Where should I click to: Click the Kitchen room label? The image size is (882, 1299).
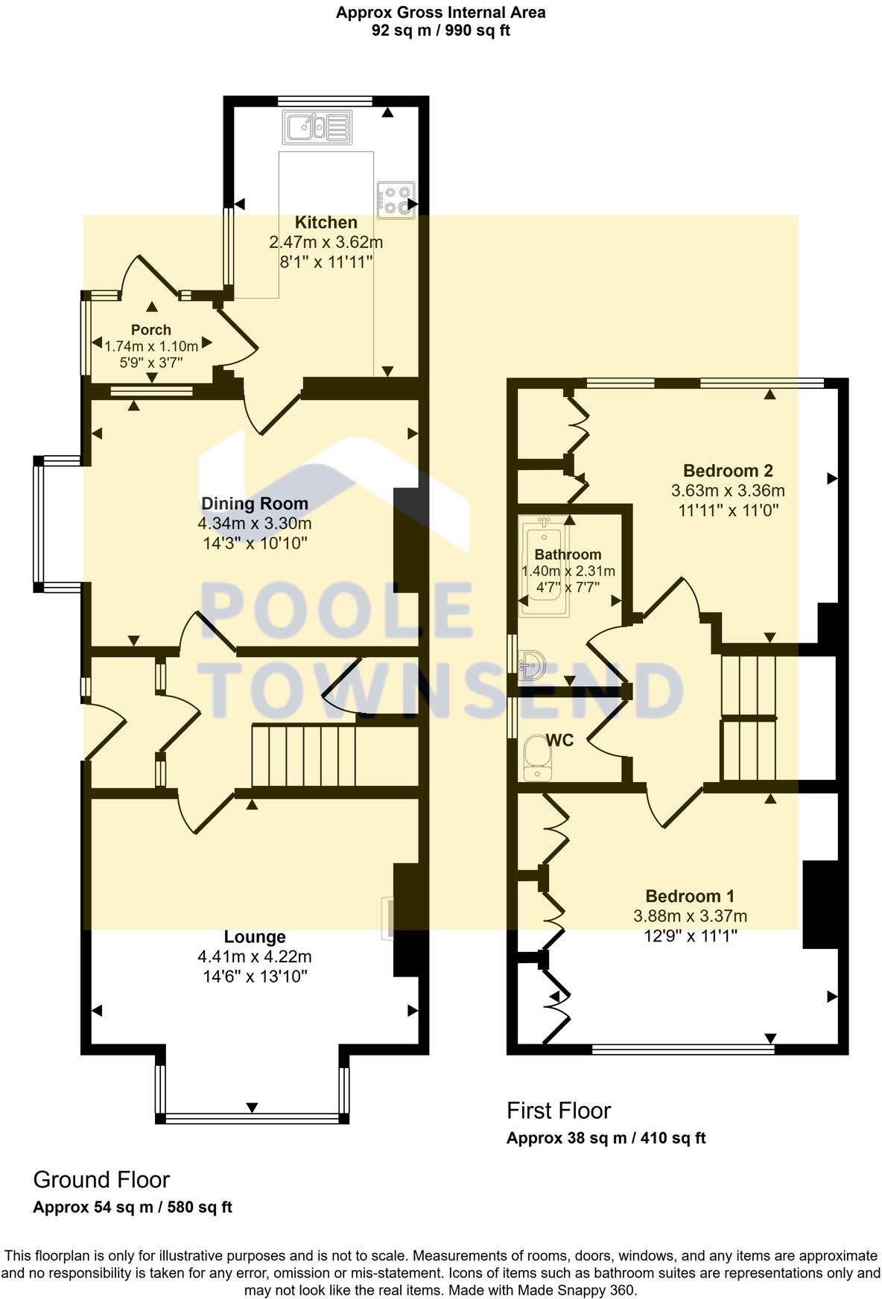tap(326, 222)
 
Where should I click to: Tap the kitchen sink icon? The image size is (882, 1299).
tap(316, 127)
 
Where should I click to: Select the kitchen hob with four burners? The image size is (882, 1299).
tap(396, 200)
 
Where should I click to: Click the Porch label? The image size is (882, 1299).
tap(151, 329)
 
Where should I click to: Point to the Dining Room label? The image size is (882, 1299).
tap(254, 504)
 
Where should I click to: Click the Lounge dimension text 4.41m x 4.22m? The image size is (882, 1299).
tap(255, 956)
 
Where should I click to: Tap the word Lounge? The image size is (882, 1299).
tap(255, 937)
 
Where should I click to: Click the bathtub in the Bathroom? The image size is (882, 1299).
tap(544, 568)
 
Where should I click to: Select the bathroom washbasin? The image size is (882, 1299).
tap(533, 664)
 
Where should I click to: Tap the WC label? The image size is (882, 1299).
tap(559, 740)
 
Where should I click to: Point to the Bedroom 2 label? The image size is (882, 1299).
tap(728, 471)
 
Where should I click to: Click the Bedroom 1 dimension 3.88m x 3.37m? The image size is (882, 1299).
tap(690, 916)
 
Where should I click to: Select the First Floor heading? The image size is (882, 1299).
tap(559, 1111)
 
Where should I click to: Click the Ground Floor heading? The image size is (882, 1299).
tap(101, 1180)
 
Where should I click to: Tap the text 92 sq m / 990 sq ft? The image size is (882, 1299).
tap(440, 31)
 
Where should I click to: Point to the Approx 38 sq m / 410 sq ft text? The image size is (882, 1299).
tap(606, 1138)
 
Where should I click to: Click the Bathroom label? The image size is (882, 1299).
tap(568, 554)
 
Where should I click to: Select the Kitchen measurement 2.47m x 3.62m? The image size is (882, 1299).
tap(326, 242)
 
